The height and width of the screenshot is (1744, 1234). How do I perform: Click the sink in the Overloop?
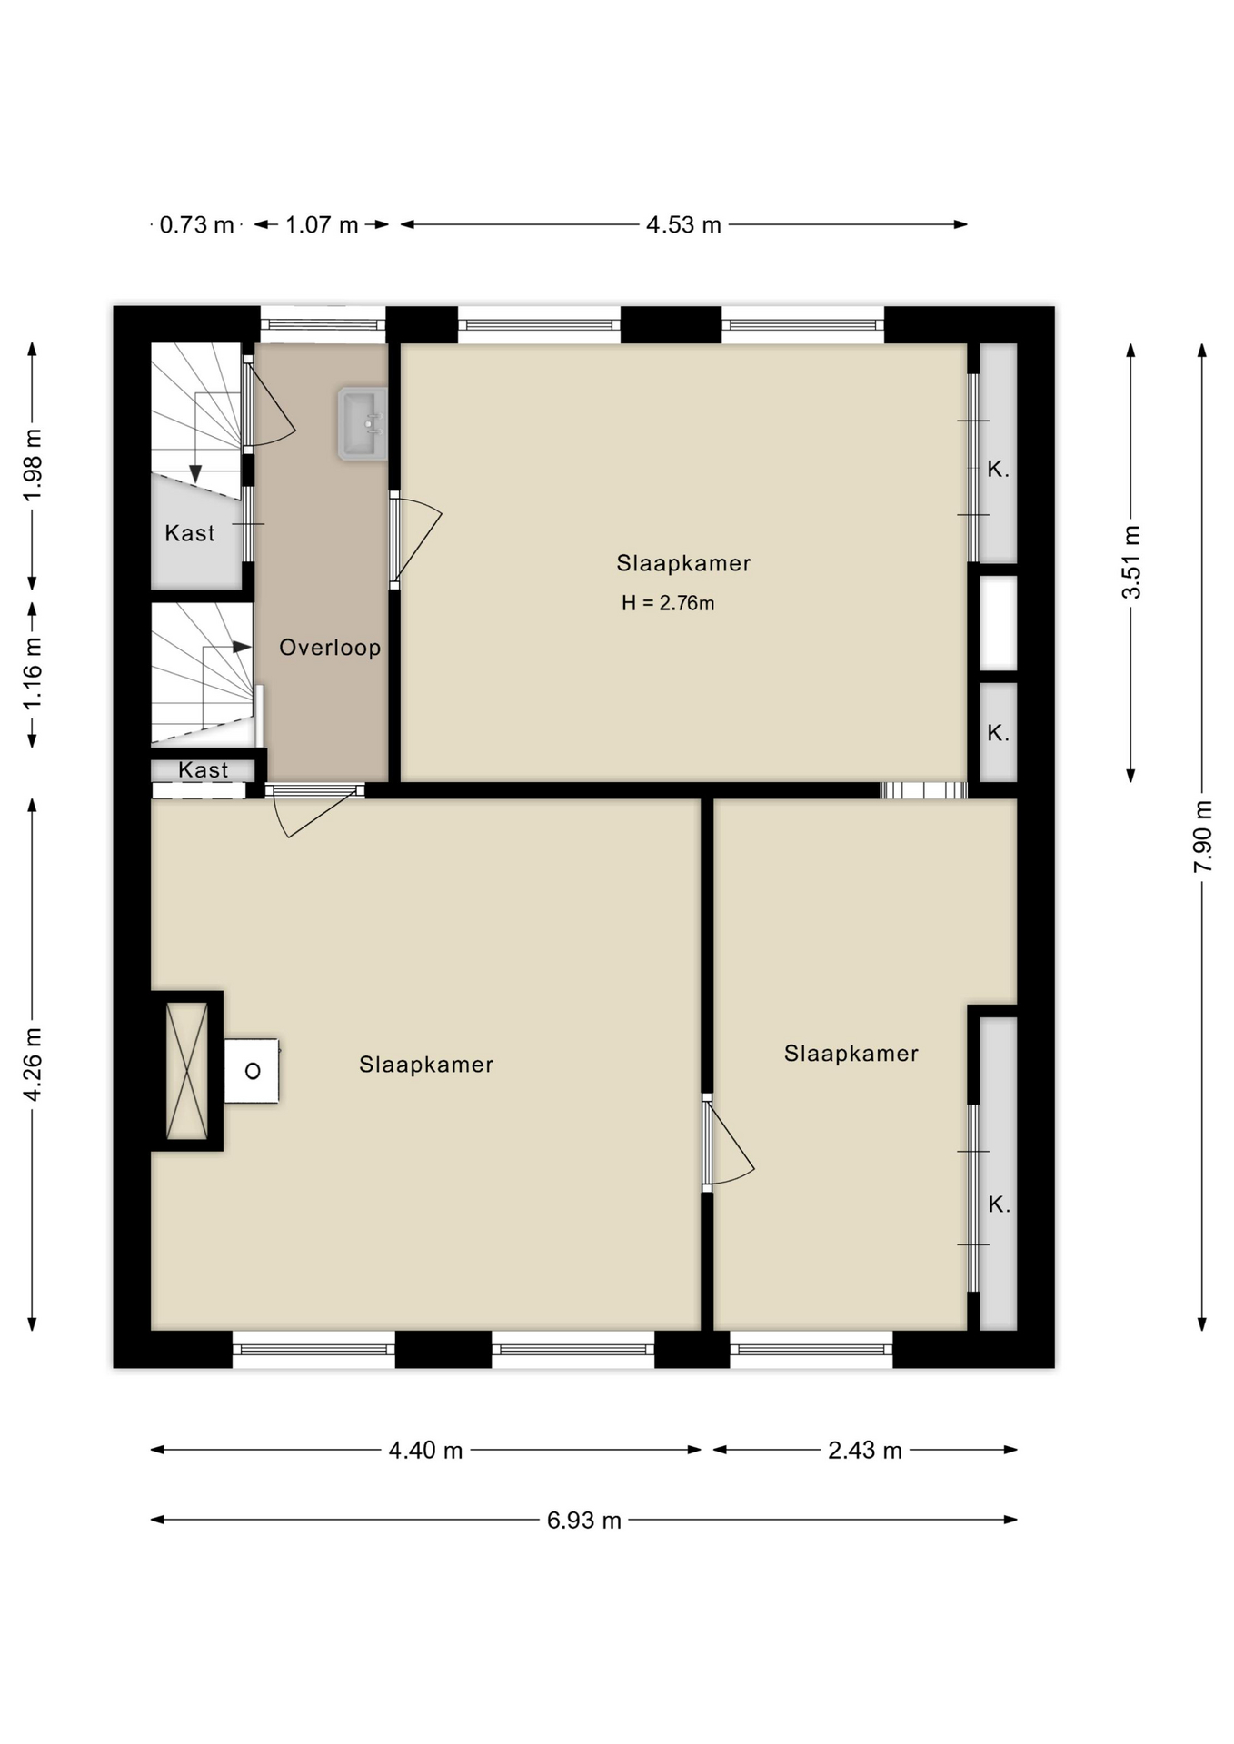363,423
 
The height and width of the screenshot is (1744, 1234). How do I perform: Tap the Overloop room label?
330,648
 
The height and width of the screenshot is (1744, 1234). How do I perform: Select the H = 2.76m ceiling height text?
668,603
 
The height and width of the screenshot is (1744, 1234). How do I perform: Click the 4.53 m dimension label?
683,224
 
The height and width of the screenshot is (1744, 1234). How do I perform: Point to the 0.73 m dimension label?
196,224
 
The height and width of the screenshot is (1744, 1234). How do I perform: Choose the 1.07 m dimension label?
322,224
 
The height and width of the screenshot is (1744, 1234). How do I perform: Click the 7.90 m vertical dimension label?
1202,836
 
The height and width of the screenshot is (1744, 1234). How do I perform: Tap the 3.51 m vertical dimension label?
1131,561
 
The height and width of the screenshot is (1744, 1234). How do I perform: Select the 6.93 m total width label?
583,1521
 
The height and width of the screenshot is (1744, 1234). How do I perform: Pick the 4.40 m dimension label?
425,1451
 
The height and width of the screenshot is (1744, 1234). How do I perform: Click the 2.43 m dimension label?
864,1451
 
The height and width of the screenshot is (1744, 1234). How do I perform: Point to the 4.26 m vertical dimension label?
33,1065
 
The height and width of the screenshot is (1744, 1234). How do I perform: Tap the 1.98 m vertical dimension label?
33,464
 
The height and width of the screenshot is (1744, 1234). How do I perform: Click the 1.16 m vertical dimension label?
33,673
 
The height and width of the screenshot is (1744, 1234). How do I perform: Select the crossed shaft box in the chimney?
187,1070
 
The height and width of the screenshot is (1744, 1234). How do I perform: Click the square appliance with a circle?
252,1071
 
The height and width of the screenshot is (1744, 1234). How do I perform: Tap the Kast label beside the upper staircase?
190,533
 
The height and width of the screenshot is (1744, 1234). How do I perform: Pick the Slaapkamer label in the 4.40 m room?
426,1065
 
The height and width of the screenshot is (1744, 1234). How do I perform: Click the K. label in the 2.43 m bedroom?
999,1204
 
